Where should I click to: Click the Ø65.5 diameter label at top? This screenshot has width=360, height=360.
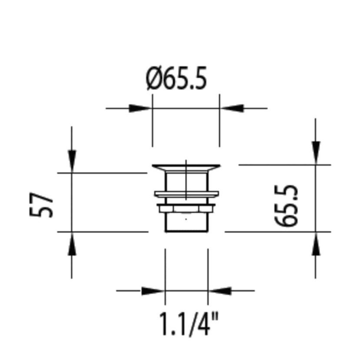point(177,79)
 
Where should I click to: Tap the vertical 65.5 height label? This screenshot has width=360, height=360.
point(287,205)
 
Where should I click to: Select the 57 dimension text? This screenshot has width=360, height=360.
point(42,205)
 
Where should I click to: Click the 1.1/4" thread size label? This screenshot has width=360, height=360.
point(187,324)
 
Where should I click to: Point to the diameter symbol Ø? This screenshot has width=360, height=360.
point(154,79)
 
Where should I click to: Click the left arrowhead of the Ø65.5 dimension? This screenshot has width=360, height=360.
point(140,108)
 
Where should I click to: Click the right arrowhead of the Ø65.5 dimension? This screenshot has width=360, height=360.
point(231,108)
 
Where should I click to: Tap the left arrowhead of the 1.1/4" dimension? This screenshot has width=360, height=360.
point(153,290)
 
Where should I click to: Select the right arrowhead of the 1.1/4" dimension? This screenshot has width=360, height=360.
point(220,290)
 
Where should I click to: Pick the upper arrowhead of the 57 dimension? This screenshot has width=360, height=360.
point(72,161)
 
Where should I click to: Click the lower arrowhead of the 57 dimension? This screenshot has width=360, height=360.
point(72,243)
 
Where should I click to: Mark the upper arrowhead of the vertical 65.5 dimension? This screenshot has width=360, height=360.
point(316,153)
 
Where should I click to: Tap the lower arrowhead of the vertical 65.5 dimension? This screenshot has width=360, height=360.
point(316,243)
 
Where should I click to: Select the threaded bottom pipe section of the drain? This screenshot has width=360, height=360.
point(186,223)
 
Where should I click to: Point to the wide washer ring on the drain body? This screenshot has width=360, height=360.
point(186,194)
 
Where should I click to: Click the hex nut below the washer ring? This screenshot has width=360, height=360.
point(186,209)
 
